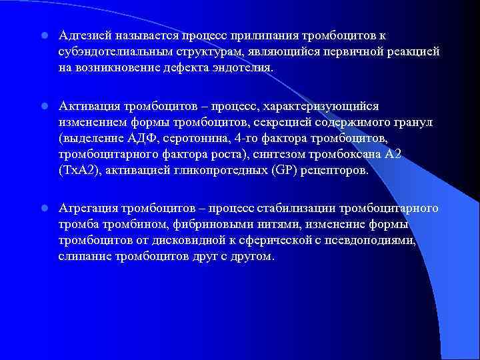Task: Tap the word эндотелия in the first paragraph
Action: point(244,68)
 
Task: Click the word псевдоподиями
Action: point(374,241)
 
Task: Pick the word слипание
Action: point(81,257)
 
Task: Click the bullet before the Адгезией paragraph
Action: point(42,35)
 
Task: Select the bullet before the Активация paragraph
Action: point(42,107)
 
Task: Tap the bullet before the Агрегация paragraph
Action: point(42,209)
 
